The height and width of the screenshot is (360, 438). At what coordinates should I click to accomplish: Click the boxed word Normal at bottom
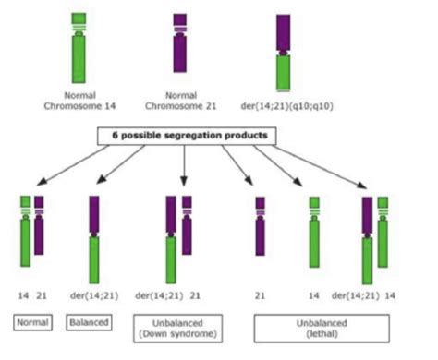click(x=32, y=323)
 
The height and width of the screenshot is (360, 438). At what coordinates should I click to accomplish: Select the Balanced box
click(x=89, y=323)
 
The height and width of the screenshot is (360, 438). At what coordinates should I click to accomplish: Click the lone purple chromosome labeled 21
click(x=261, y=226)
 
